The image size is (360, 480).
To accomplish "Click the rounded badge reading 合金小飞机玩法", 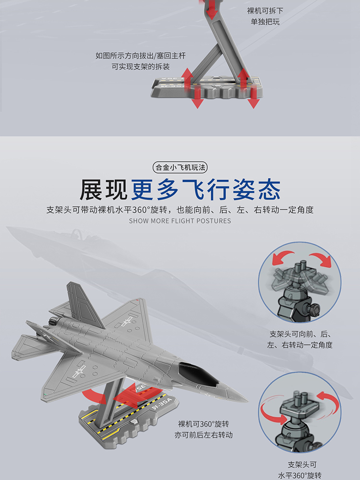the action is point(180,168).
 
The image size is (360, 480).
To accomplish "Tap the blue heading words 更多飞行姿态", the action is point(206,190).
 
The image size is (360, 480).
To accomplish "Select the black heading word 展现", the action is point(104,190).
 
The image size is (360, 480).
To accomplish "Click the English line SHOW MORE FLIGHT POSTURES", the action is point(180,221).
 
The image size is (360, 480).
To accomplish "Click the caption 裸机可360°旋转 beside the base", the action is point(204,424).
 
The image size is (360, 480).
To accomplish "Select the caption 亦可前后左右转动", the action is point(204,435).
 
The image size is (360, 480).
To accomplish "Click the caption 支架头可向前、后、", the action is point(300,334).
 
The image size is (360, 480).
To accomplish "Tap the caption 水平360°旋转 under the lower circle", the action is point(300,475).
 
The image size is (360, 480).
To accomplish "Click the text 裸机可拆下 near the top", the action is point(265,11).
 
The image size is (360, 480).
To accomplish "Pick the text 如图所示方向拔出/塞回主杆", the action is point(141,56).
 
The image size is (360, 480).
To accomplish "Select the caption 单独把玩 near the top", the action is point(265,22).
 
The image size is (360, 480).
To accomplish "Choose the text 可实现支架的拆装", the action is point(141,66).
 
